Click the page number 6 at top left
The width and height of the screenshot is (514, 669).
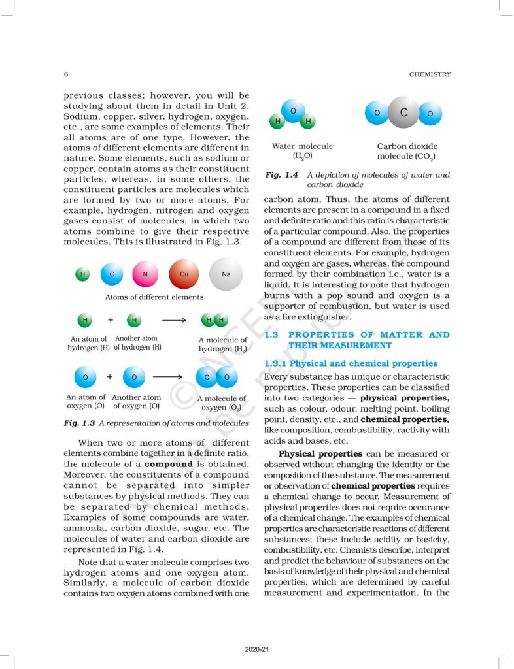[66, 74]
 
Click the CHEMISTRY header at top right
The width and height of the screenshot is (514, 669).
[430, 74]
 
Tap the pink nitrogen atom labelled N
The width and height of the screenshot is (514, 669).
[145, 274]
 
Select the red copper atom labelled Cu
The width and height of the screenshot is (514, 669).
[184, 274]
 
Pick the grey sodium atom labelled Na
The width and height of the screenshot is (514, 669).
[226, 274]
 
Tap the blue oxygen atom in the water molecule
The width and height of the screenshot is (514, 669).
[293, 111]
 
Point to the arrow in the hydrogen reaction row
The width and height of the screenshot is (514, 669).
[174, 321]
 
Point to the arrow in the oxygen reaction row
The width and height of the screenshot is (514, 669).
[167, 377]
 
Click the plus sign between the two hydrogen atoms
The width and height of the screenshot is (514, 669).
[111, 321]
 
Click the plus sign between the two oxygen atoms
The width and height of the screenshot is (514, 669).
[109, 377]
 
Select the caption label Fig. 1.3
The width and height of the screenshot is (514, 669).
[79, 423]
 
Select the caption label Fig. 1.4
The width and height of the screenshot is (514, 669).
[281, 175]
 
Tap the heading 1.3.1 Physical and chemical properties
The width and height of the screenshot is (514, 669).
[351, 363]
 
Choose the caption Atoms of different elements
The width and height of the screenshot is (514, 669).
[154, 297]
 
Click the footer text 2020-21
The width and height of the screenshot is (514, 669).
[257, 650]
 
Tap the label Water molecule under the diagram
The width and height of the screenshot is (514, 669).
[302, 146]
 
